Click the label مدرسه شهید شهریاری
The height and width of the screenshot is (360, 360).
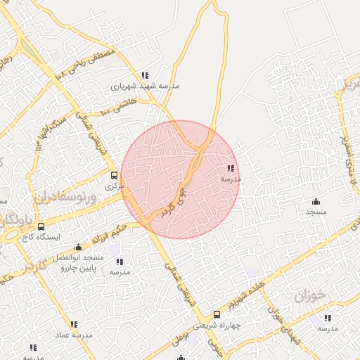coord(146,86)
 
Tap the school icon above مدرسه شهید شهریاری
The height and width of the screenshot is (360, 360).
coord(145,75)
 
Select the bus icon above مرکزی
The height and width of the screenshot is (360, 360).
coord(114,176)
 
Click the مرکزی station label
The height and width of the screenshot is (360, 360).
coord(114,186)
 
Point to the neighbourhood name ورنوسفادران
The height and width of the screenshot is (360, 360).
coord(63,192)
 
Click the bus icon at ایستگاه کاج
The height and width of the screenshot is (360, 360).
coord(41,227)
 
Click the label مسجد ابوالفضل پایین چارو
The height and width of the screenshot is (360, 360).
coord(80,263)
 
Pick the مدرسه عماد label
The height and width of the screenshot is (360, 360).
coord(74,335)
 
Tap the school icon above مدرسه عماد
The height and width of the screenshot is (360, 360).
coord(74,324)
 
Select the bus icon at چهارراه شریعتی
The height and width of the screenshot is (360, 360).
coord(217,314)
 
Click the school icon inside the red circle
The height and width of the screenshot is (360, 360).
coord(231,168)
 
